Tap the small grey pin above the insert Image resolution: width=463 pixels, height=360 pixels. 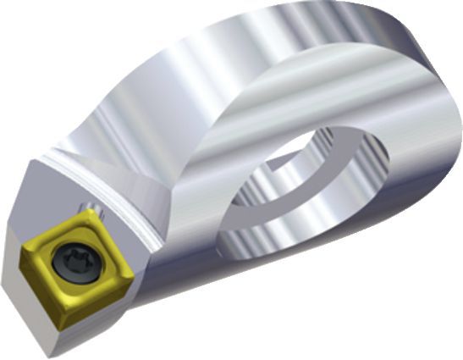(85, 207)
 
